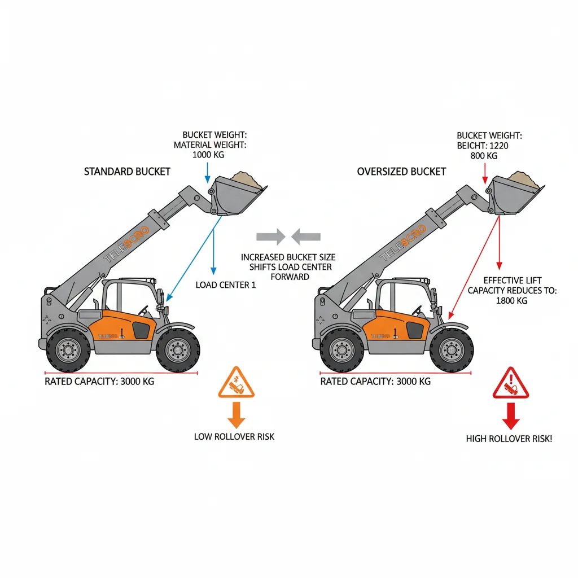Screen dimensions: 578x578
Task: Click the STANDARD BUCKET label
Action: click(127, 171)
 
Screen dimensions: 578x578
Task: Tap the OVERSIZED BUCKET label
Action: click(401, 171)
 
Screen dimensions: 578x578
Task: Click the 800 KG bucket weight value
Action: click(484, 156)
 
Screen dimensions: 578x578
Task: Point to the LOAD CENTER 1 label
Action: click(226, 285)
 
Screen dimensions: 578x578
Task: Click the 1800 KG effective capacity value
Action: click(512, 301)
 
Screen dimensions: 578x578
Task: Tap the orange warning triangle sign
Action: click(236, 384)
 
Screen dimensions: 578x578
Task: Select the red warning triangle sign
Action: click(510, 384)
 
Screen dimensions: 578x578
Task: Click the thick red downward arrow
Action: click(510, 416)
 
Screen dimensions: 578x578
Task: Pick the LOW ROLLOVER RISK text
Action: click(234, 436)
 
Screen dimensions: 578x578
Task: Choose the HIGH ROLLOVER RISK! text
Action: click(509, 439)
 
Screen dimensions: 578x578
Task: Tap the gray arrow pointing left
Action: click(308, 236)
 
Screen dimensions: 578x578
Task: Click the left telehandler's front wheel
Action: click(178, 350)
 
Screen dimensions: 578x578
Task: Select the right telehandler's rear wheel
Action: click(342, 350)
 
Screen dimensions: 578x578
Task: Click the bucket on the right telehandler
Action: click(514, 195)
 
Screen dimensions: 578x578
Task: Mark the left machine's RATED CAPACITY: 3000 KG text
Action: click(99, 382)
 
